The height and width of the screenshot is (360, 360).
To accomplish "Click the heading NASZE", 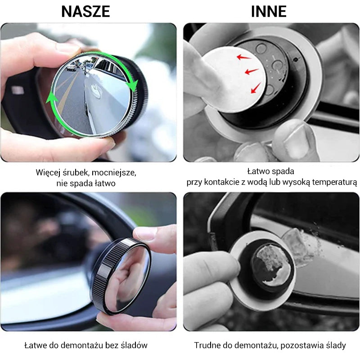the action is (x=85, y=12).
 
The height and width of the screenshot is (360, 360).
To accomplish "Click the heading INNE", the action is (x=269, y=12).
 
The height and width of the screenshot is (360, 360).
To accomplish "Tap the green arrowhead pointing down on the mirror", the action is (x=132, y=85).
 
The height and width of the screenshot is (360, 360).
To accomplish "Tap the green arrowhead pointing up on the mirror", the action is (x=52, y=99).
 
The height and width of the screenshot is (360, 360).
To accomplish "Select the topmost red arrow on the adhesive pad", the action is (x=244, y=57).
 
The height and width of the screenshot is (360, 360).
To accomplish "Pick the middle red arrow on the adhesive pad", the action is (x=252, y=71).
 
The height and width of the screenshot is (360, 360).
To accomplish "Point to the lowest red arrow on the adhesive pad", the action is (x=256, y=88).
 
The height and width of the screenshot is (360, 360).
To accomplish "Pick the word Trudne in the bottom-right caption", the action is (x=207, y=345).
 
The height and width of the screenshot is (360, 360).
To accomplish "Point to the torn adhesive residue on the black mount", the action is (x=271, y=264).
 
